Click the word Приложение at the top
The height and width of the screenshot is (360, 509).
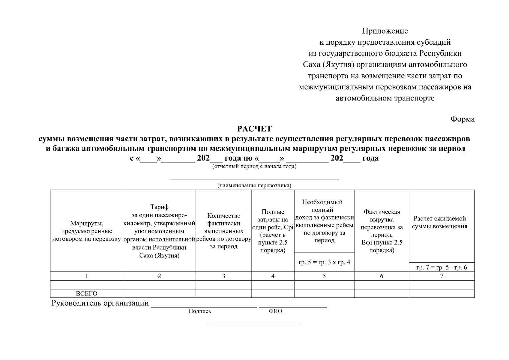(x=385, y=31)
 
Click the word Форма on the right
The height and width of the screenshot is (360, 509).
(x=463, y=119)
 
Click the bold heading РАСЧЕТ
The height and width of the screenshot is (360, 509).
(x=254, y=129)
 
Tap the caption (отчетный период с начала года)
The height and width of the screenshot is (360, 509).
(x=254, y=166)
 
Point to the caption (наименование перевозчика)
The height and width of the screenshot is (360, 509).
(x=254, y=185)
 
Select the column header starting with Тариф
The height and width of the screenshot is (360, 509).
(x=159, y=231)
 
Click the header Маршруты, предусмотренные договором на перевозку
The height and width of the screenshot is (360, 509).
(x=86, y=231)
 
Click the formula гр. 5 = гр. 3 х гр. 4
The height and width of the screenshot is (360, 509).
(x=324, y=262)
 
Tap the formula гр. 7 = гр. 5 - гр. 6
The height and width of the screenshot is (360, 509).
(x=442, y=268)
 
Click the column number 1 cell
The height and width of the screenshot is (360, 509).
(x=86, y=276)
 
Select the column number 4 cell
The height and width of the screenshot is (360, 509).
(x=273, y=276)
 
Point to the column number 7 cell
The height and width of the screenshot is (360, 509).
(x=442, y=276)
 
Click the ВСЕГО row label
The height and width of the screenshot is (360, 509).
(x=86, y=294)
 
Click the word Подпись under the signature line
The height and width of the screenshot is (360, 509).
(x=200, y=311)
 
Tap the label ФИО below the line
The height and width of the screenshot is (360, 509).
(x=275, y=311)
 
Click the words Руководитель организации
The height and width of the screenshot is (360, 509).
(x=100, y=303)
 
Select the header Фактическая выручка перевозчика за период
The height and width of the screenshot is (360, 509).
(x=382, y=231)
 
